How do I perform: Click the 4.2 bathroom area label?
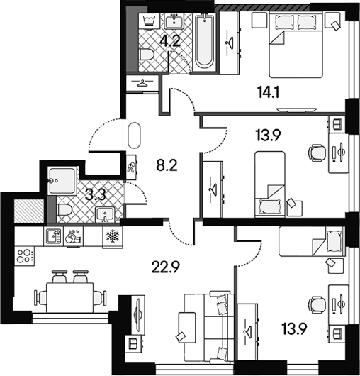click(x=170, y=40)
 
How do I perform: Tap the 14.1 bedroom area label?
click(x=269, y=92)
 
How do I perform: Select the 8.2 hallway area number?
click(x=167, y=165)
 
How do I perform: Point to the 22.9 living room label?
click(x=166, y=267)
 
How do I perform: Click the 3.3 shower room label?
click(x=96, y=195)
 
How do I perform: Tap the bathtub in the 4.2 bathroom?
click(x=204, y=43)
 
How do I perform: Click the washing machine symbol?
click(x=150, y=21)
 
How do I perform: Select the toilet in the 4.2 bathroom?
click(x=147, y=55)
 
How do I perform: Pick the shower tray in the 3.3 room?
click(x=62, y=181)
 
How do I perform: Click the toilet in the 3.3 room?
click(x=64, y=209)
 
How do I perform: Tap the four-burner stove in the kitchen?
click(x=24, y=256)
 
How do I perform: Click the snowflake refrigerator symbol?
click(x=113, y=236)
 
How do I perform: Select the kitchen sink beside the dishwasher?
click(x=54, y=236)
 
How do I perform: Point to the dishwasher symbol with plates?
click(x=73, y=236)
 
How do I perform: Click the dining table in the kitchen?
click(x=70, y=297)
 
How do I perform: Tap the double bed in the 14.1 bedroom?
click(x=296, y=45)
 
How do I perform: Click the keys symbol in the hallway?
click(x=131, y=167)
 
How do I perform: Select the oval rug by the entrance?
click(x=134, y=136)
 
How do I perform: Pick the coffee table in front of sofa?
click(x=187, y=328)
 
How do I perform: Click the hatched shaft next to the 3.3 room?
click(x=29, y=211)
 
